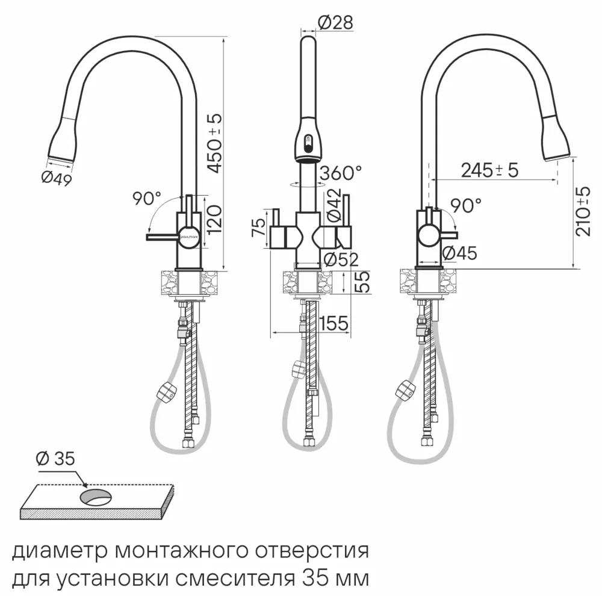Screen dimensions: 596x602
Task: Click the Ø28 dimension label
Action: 334,23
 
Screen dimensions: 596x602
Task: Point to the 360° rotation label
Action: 341,173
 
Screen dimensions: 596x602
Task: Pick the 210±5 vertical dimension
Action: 583,211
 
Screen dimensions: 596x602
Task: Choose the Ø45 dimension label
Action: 459,253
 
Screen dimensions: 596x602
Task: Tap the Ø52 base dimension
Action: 341,259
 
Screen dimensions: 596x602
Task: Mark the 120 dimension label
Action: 216,219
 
